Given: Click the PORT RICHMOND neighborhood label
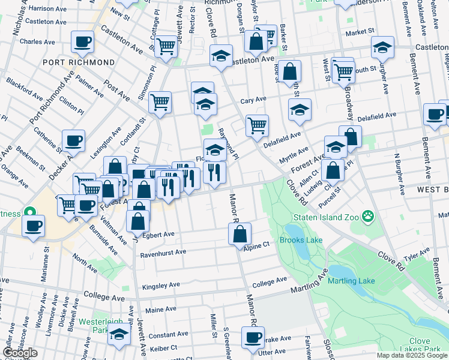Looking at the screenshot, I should pyautogui.click(x=79, y=62).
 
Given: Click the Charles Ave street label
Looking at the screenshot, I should pyautogui.click(x=38, y=42).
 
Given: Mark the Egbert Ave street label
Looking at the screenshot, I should pyautogui.click(x=157, y=234).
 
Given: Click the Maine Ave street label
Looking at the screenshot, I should pyautogui.click(x=161, y=310).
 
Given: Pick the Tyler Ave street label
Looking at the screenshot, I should pyautogui.click(x=417, y=257).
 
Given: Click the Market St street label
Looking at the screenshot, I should pyautogui.click(x=360, y=31).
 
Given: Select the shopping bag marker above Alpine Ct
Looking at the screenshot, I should pyautogui.click(x=240, y=233).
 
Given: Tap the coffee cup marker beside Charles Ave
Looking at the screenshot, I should pyautogui.click(x=82, y=41).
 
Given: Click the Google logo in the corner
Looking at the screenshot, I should pyautogui.click(x=20, y=353).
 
